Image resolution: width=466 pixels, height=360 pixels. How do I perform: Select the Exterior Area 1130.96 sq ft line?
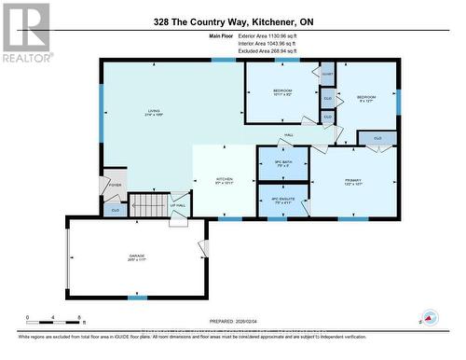(267, 35)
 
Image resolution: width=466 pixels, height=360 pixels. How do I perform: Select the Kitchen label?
(225, 180)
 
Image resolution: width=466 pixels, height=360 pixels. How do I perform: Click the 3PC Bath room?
(282, 164)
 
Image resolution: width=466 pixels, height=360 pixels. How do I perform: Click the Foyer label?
(116, 186)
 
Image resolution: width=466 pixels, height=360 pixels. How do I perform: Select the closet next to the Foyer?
(115, 210)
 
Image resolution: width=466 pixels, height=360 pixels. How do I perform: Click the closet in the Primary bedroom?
(377, 138)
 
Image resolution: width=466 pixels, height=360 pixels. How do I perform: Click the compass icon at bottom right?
(430, 317)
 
